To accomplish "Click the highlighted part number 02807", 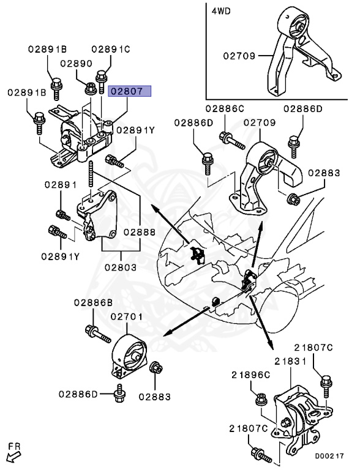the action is [x=130, y=91].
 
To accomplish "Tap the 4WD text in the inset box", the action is [x=221, y=12].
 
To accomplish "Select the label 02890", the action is [x=77, y=64].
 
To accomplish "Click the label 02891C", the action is [x=111, y=49].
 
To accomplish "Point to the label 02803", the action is [x=121, y=267].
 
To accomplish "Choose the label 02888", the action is [x=140, y=232].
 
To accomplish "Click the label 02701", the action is [x=127, y=317].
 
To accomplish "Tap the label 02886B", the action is [x=93, y=303].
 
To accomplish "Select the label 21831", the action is [x=291, y=362].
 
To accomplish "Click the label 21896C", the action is [x=251, y=375].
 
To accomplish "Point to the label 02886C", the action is [x=225, y=108].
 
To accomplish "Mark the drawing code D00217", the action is [x=329, y=456].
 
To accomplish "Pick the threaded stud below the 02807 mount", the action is [x=91, y=174].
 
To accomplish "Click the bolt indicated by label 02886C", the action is [x=232, y=141].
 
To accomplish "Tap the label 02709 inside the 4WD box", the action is [x=239, y=56].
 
